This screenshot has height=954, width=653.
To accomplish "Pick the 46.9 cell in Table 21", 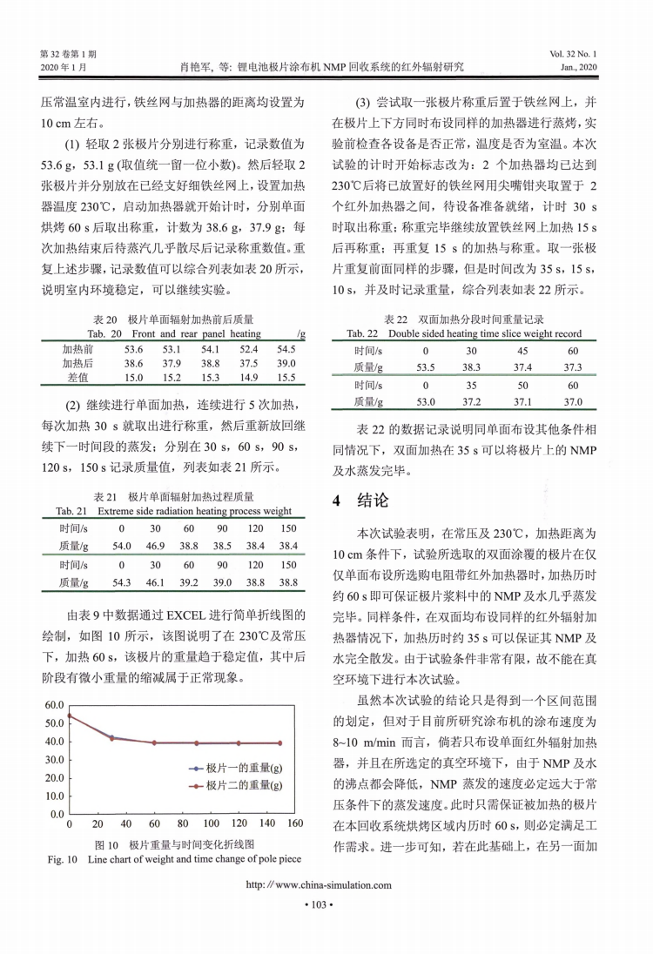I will pos(155,546).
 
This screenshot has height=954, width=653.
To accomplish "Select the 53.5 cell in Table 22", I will pos(426,367).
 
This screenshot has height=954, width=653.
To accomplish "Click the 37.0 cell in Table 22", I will pos(572,401).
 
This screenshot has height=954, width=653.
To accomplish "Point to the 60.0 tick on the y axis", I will pos(53,704).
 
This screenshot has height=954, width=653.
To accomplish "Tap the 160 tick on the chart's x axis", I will pos(293,823).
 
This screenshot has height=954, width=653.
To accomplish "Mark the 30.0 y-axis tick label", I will pos(53,759).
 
